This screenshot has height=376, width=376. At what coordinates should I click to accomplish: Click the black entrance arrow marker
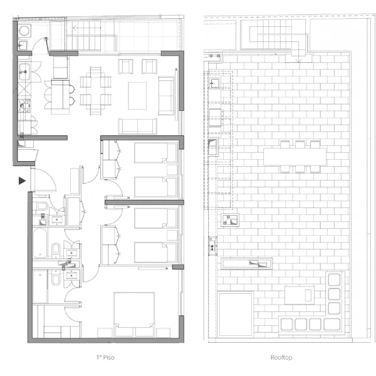click(x=22, y=181)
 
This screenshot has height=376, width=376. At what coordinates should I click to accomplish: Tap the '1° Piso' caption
click(x=105, y=357)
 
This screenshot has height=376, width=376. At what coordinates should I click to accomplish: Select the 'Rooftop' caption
click(x=281, y=357)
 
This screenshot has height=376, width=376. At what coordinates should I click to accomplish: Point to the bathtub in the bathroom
click(x=40, y=243)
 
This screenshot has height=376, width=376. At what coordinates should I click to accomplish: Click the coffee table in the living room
click(x=137, y=96)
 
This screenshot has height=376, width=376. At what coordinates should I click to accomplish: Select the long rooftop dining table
click(x=295, y=157)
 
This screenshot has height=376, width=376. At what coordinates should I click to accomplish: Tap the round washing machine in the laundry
click(x=24, y=31)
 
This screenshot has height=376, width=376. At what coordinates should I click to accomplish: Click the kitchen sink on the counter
click(x=24, y=71)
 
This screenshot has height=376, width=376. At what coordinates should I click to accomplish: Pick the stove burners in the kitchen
click(x=24, y=105)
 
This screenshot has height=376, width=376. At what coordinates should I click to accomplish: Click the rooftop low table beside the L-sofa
click(x=300, y=295)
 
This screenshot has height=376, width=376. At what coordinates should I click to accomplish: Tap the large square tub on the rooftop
click(x=236, y=314)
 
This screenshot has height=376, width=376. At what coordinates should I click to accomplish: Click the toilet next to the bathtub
click(x=56, y=249)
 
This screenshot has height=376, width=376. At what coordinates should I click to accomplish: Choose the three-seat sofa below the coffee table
click(x=137, y=126)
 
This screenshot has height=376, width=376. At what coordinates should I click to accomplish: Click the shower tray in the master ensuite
click(x=40, y=286)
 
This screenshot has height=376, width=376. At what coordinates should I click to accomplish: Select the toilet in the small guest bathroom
click(x=43, y=206)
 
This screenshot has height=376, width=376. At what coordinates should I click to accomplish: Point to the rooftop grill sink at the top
click(x=214, y=83)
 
